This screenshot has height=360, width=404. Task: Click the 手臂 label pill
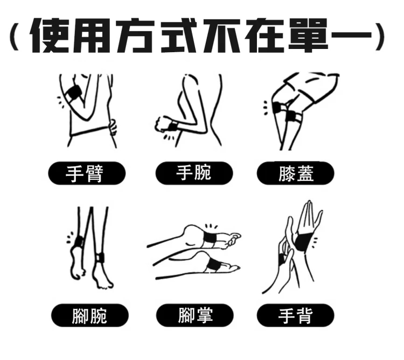coord(87,173)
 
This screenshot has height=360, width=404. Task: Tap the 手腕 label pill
coord(194,173)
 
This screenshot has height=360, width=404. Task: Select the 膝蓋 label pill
coord(296,173)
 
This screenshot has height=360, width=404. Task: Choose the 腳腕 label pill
coord(89,315)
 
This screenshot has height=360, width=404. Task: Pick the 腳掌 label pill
coord(195,315)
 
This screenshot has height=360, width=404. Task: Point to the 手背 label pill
coord(296,315)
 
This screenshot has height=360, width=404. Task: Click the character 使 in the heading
coord(50,36)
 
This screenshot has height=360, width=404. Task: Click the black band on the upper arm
coord(74,94)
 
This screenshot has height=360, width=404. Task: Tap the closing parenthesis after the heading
coord(380,37)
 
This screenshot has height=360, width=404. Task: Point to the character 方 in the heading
coord(135,36)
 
